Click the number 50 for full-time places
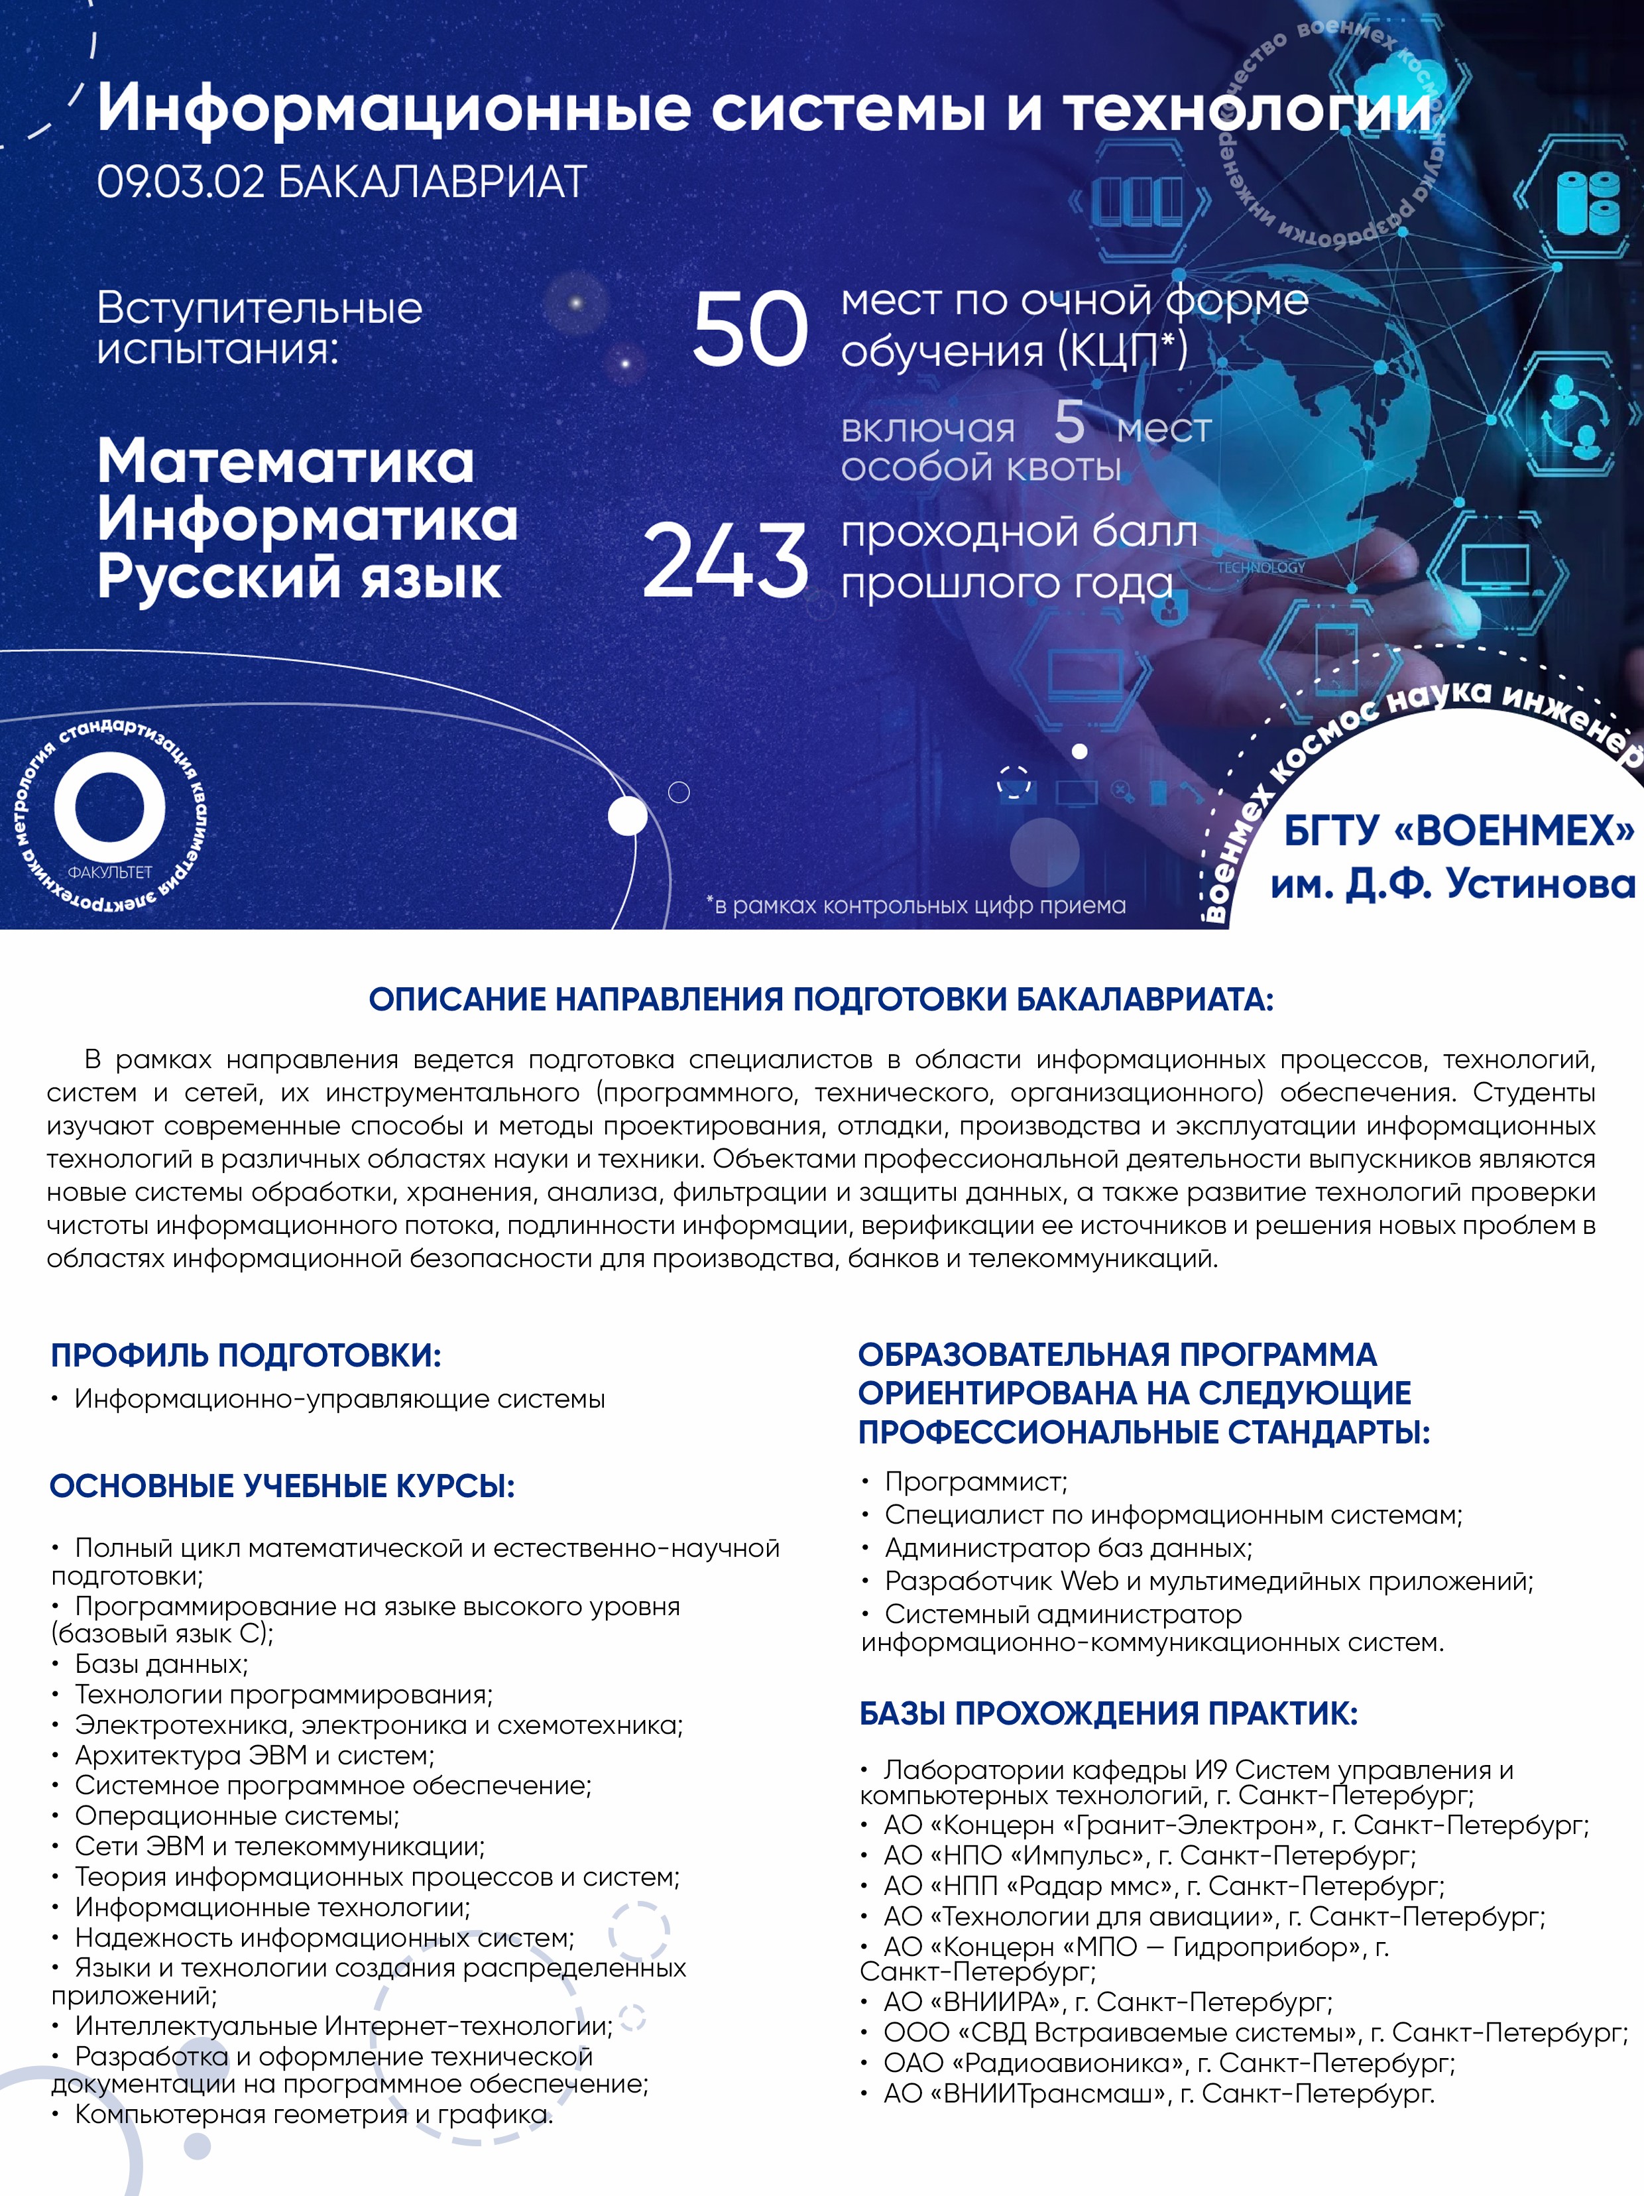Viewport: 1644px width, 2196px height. (750, 330)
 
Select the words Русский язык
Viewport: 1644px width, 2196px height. (299, 578)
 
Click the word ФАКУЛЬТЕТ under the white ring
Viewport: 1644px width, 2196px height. (109, 873)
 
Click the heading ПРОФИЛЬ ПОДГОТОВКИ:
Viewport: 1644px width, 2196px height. (245, 1355)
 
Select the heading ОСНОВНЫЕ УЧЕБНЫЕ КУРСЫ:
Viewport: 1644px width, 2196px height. (282, 1486)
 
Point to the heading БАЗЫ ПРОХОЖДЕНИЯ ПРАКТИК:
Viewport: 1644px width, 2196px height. (1108, 1713)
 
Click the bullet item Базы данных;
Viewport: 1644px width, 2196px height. (161, 1664)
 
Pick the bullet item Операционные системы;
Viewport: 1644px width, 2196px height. (236, 1816)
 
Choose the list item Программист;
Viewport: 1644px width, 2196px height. (975, 1482)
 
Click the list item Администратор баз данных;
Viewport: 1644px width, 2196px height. (1067, 1548)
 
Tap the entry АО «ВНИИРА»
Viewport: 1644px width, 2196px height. (973, 2002)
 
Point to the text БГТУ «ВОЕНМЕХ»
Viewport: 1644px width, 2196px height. (1458, 831)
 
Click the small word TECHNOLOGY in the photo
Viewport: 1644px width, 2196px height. (1261, 567)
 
